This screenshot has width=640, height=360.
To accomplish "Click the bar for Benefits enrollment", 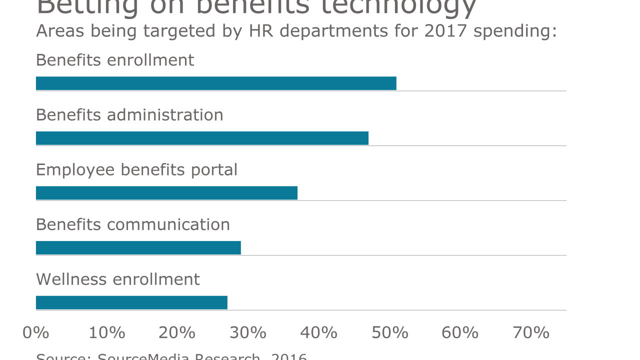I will (216, 83).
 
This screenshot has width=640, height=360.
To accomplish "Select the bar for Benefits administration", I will (202, 138).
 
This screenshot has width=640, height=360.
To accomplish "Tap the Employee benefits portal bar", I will (166, 193).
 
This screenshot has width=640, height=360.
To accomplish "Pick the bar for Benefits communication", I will (138, 248).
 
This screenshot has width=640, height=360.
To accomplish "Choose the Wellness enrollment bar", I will (131, 302).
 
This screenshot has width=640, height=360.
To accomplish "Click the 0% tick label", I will (36, 332).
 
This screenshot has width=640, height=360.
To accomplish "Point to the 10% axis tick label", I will (107, 332).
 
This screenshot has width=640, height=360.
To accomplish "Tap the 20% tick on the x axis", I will (177, 332).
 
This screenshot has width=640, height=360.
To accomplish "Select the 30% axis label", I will (248, 332).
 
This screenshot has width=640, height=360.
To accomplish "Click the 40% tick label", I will (319, 332).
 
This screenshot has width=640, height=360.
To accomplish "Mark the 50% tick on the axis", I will (390, 332).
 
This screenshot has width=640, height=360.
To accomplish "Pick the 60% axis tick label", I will (460, 332).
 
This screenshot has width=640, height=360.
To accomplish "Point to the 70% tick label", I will (531, 332).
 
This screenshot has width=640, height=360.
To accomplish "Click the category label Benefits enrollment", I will (115, 60).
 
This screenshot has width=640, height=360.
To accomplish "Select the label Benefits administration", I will (129, 115).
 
